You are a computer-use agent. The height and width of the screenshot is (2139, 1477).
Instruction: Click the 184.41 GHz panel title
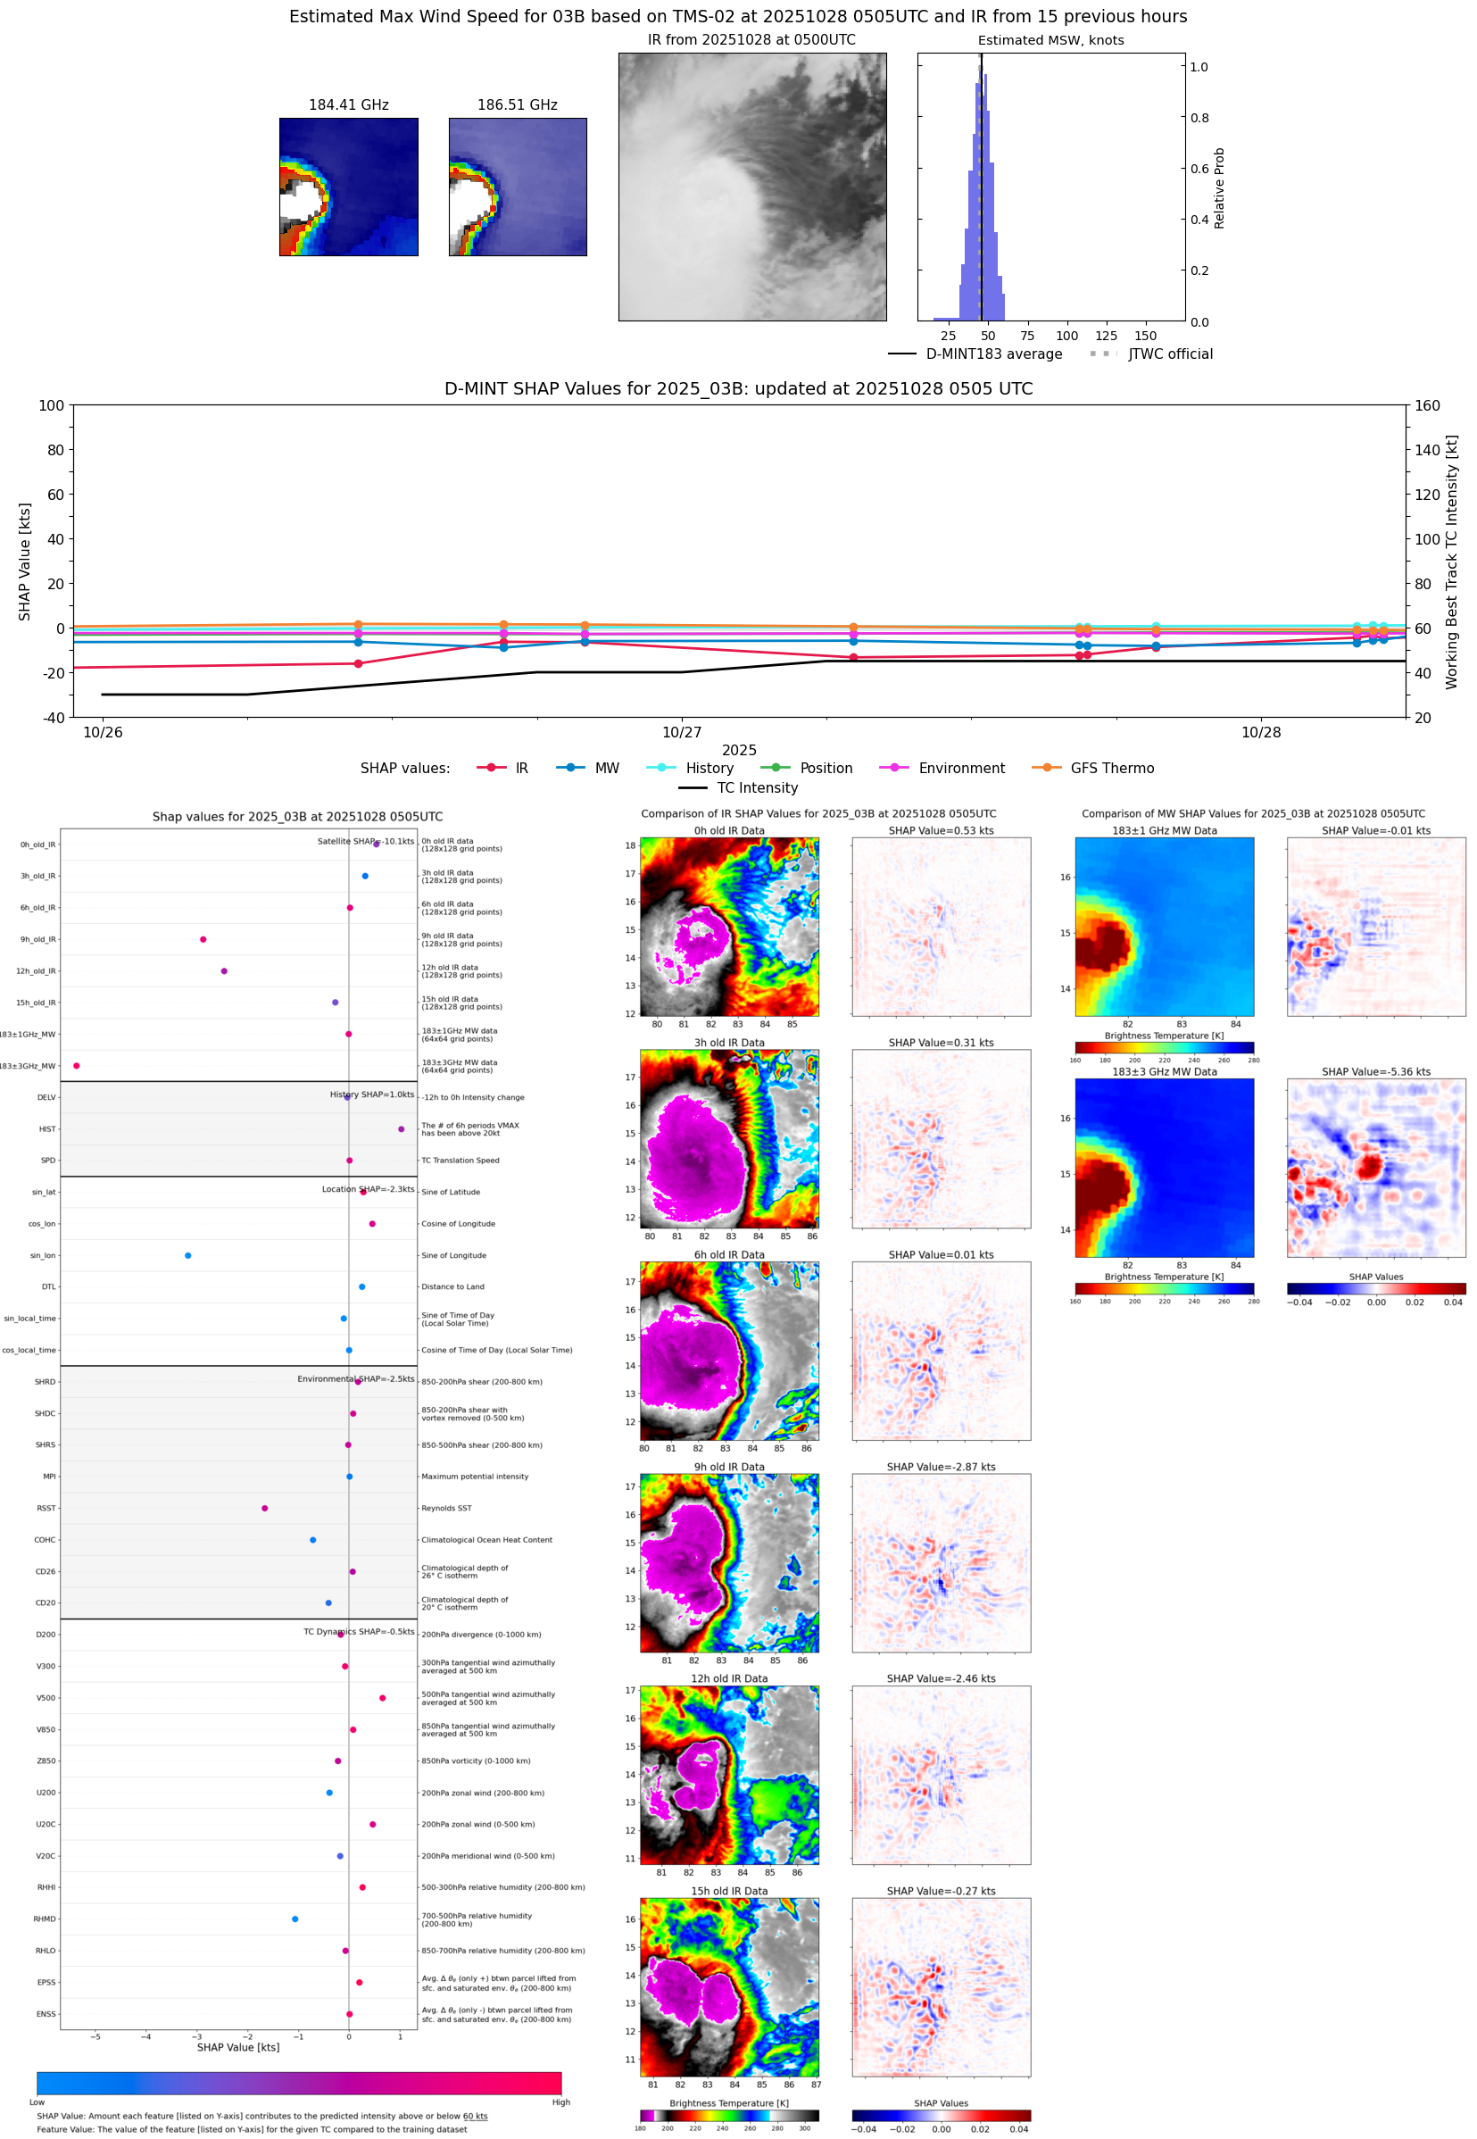click(348, 105)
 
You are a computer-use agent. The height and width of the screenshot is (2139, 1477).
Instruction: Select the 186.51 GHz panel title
click(517, 105)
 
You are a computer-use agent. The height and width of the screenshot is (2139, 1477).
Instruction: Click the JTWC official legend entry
click(1170, 354)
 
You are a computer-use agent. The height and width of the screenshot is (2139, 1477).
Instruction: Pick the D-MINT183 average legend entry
click(993, 354)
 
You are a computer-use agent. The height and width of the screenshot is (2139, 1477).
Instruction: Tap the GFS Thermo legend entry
click(1111, 769)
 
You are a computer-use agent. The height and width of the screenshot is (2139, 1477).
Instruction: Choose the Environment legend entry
click(960, 769)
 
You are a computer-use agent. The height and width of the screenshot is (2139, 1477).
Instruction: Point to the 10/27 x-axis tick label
click(681, 733)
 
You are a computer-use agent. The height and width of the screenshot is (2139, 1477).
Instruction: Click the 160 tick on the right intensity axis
click(1427, 405)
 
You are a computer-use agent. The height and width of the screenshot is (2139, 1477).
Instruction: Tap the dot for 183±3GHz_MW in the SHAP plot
click(77, 1066)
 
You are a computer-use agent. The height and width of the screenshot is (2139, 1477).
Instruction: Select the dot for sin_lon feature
click(188, 1256)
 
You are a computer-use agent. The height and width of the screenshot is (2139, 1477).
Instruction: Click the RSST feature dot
click(265, 1509)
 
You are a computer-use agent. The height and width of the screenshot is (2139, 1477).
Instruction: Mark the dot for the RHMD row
click(295, 1919)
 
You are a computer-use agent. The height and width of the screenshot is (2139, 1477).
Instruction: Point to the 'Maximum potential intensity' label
click(475, 1477)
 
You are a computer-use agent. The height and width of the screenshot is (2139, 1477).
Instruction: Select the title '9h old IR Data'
click(729, 1467)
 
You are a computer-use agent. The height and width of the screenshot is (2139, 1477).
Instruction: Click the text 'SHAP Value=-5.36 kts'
click(1375, 1072)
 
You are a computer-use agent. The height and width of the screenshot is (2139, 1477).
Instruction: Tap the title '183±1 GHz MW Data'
click(1165, 831)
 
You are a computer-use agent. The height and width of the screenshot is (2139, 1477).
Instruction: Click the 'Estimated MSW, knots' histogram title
click(1050, 41)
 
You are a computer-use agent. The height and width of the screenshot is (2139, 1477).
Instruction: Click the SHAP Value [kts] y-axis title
click(25, 561)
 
